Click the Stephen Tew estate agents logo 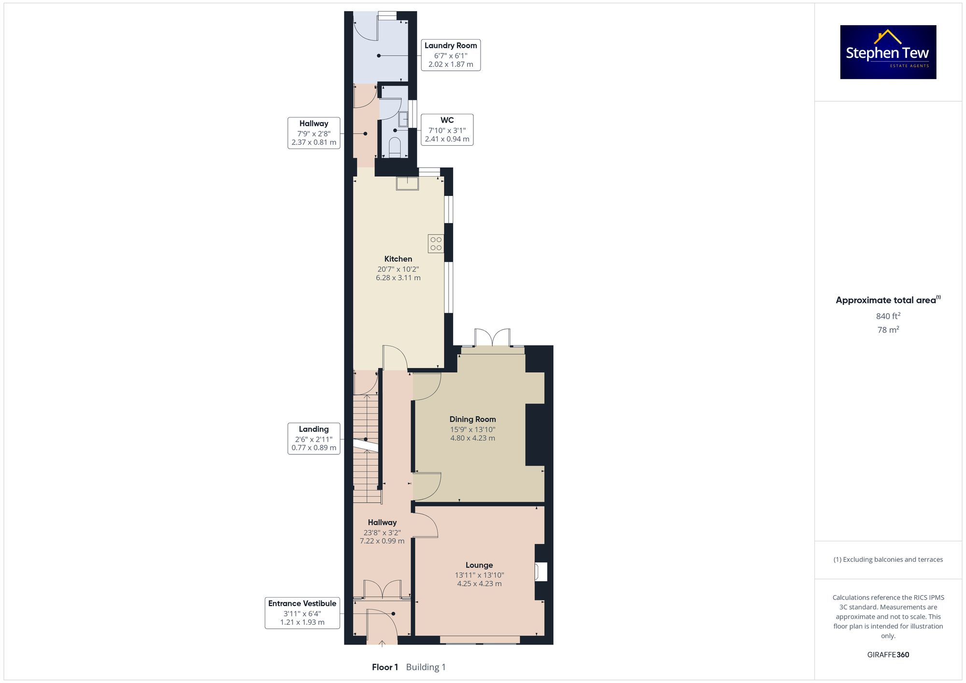tap(888, 52)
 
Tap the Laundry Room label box tap(451, 55)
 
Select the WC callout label tap(447, 130)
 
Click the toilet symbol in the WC tap(395, 147)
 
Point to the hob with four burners tap(436, 244)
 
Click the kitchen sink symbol tap(407, 183)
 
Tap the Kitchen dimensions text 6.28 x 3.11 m tap(398, 278)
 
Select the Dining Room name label tap(472, 419)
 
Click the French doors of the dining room tap(492, 337)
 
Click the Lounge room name tap(479, 565)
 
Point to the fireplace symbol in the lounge tap(540, 572)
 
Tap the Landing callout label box tap(313, 438)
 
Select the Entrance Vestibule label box tap(302, 613)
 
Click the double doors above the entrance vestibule tap(382, 590)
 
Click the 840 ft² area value tap(888, 316)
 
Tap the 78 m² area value tap(888, 330)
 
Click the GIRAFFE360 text tap(888, 655)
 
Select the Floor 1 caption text tap(385, 667)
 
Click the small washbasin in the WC tap(403, 118)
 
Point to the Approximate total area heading tap(888, 300)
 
